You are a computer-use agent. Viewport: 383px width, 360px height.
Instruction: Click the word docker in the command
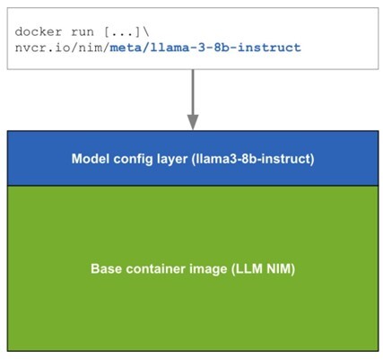pos(35,31)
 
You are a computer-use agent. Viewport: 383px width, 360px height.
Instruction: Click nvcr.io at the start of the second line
pos(39,46)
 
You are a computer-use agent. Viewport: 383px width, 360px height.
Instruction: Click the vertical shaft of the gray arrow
pos(191,94)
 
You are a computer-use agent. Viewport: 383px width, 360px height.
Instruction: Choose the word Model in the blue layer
pos(90,159)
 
